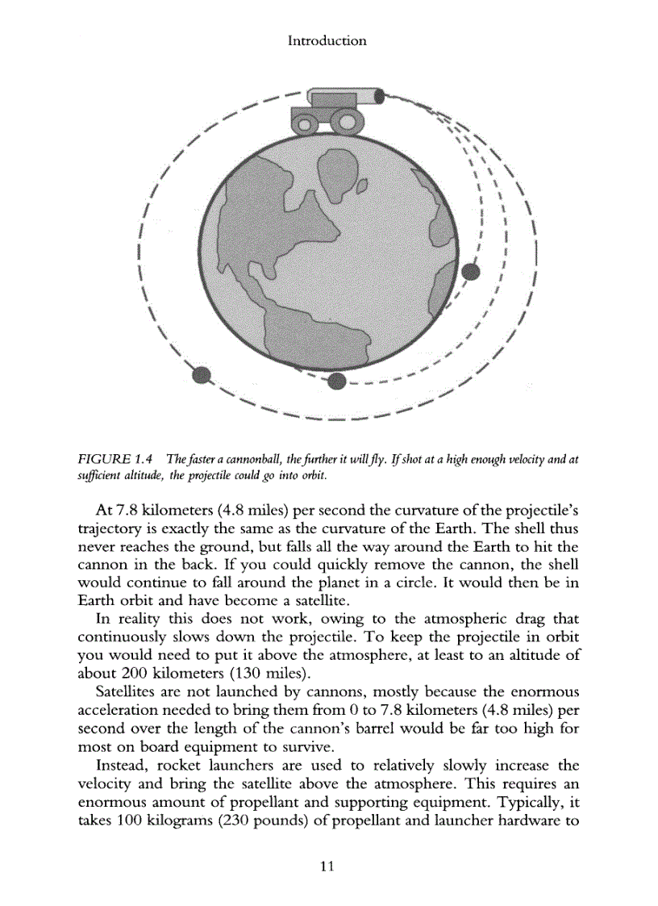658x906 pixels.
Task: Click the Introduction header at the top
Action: [x=327, y=40]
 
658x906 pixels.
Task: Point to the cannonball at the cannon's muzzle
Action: [x=381, y=95]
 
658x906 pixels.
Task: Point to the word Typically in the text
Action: [x=532, y=800]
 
